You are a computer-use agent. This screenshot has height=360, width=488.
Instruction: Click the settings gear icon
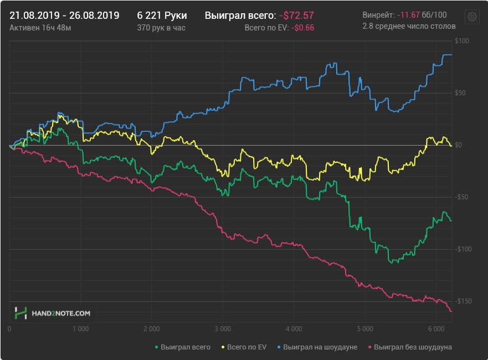click(472, 17)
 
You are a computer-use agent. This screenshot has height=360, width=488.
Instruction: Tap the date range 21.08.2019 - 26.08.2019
click(64, 16)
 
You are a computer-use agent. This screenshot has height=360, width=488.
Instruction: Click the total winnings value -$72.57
click(296, 16)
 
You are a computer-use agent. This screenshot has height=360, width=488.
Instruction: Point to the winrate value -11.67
click(408, 14)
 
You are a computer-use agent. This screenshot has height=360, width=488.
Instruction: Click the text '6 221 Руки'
click(162, 16)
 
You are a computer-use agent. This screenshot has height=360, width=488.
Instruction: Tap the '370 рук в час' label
click(161, 28)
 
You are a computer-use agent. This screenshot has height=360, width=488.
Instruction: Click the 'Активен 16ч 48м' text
click(40, 28)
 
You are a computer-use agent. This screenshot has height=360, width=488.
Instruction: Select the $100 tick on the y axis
click(461, 41)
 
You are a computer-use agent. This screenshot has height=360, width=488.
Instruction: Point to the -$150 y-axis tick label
click(463, 301)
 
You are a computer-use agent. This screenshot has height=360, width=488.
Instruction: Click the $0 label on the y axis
click(458, 145)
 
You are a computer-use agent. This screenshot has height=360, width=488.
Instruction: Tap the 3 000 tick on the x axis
click(223, 328)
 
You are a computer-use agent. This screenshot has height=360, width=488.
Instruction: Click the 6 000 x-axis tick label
click(436, 328)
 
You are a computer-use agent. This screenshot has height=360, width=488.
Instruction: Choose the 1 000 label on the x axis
click(81, 328)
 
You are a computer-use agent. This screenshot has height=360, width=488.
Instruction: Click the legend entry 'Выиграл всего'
click(183, 347)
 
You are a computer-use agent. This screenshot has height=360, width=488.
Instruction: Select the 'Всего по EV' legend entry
click(244, 347)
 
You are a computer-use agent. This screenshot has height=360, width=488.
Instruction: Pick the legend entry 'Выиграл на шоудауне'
click(317, 347)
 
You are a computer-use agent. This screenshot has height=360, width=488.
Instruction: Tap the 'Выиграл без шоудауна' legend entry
click(410, 347)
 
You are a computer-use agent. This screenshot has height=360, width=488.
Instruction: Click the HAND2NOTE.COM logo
click(52, 313)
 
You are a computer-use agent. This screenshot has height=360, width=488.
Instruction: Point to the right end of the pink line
click(451, 311)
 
